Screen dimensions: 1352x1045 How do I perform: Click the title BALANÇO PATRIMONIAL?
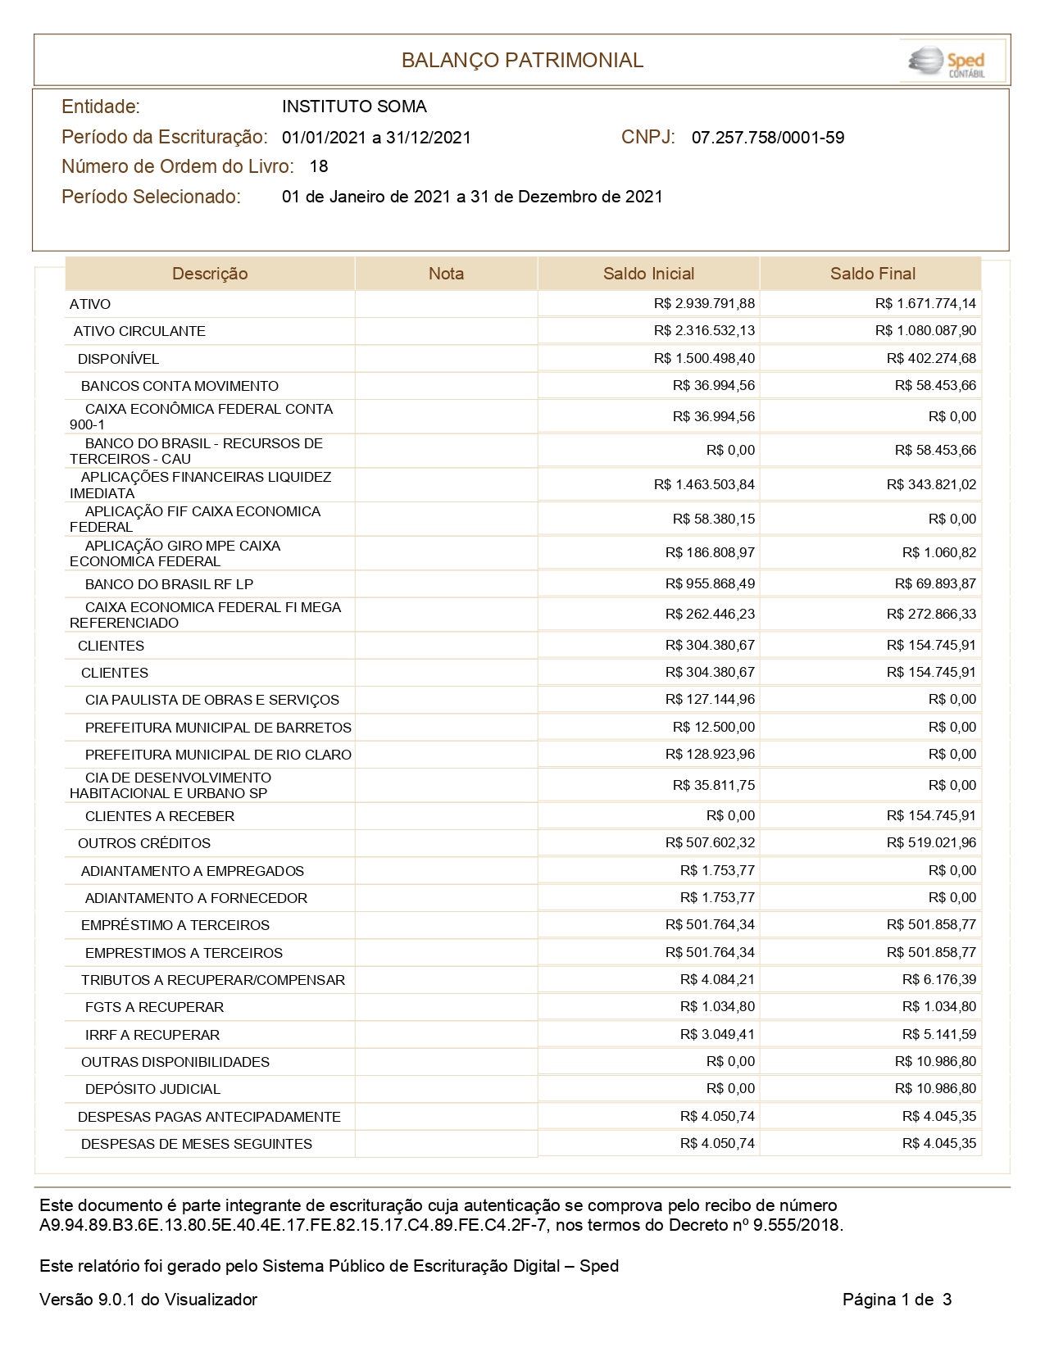coord(522,61)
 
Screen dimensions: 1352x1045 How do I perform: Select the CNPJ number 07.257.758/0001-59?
coord(768,138)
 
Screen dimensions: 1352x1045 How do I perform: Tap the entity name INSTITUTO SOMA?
coord(354,107)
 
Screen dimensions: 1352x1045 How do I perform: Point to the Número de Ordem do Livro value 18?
coord(319,166)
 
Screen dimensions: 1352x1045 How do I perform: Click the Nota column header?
coord(446,274)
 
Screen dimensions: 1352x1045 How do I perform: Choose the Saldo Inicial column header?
coord(648,274)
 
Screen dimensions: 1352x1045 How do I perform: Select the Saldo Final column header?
coord(872,274)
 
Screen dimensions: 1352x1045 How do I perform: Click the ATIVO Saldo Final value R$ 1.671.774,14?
coord(925,304)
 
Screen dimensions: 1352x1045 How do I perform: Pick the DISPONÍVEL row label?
coord(118,359)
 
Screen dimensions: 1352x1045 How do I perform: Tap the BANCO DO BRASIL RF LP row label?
coord(169,584)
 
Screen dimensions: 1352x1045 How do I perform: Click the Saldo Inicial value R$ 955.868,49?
coord(710,583)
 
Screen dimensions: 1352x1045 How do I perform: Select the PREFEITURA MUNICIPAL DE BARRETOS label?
coord(218,728)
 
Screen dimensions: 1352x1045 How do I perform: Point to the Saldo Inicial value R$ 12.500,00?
coord(714,727)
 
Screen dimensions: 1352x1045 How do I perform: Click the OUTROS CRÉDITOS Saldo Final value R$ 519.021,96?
coord(931,842)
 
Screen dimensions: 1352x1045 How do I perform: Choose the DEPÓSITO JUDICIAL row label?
coord(152,1089)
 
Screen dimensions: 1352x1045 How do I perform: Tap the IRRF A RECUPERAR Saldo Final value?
coord(939,1034)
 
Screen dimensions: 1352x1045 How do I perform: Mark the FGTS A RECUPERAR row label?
coord(154,1007)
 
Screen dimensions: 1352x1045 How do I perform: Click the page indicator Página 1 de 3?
coord(897,1300)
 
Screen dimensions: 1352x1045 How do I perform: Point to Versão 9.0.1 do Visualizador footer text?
coord(148,1300)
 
